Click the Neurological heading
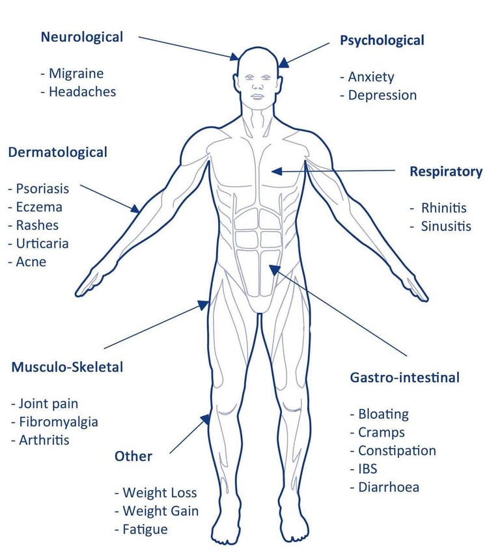81,37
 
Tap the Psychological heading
382,40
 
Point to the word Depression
382,95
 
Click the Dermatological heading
57,152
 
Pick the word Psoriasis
42,189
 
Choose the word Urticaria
42,243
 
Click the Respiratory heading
446,172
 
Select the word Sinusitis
445,226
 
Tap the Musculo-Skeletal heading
67,367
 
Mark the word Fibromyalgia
58,422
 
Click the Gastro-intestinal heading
405,377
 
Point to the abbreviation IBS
367,469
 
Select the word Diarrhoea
389,487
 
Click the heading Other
133,456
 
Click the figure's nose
258,87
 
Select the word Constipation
396,450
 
